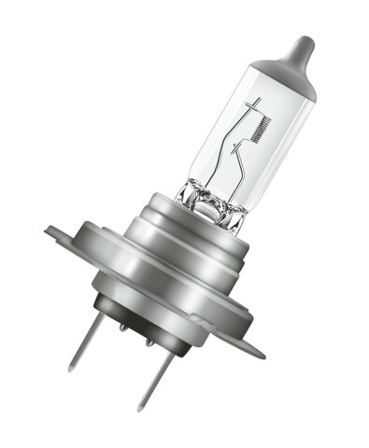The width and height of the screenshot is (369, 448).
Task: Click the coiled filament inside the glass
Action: pyautogui.click(x=263, y=122)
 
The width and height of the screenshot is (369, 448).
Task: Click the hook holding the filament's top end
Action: pyautogui.click(x=255, y=101)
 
